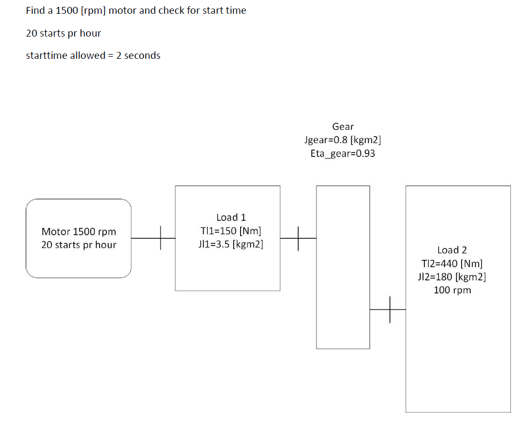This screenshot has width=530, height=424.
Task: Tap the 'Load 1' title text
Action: click(x=231, y=217)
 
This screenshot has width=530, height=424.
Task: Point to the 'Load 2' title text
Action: click(x=452, y=250)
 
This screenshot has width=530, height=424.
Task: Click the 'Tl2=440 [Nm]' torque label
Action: click(x=452, y=263)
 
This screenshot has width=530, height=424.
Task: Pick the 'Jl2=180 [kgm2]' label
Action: click(x=452, y=277)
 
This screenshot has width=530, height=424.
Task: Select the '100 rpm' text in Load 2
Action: click(x=452, y=290)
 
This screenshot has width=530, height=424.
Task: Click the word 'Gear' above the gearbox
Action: click(x=342, y=127)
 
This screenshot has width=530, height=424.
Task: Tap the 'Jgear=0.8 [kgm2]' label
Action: click(x=342, y=140)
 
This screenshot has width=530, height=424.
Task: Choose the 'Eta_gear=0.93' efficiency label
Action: click(x=342, y=154)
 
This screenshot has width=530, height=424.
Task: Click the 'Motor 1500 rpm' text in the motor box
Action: click(x=78, y=232)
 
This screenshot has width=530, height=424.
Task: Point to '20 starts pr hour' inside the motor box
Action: click(x=78, y=245)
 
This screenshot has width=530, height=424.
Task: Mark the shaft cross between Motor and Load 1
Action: click(x=160, y=238)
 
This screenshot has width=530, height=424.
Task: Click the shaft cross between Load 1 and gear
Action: click(x=298, y=238)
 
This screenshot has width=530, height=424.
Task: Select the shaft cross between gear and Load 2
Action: click(x=390, y=309)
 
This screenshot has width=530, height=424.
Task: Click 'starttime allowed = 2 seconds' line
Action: click(x=93, y=56)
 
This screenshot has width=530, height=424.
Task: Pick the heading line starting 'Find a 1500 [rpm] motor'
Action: click(x=136, y=11)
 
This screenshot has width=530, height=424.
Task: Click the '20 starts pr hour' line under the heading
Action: click(x=63, y=33)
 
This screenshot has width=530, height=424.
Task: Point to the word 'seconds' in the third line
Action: click(x=142, y=56)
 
